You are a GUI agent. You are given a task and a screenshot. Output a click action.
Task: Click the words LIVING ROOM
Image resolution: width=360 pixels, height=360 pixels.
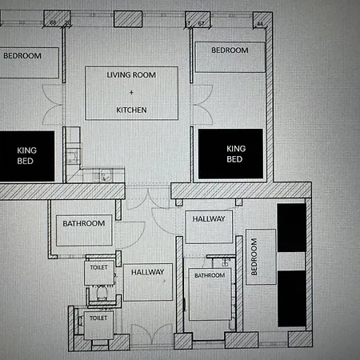click(x=131, y=75)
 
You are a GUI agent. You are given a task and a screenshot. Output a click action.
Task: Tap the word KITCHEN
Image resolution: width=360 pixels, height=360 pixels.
click(x=131, y=110)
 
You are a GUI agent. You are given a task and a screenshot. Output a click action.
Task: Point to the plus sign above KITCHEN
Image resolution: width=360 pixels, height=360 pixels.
click(x=131, y=93)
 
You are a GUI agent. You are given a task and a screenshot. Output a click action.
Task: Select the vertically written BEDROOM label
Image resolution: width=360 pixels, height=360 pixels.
click(x=254, y=257)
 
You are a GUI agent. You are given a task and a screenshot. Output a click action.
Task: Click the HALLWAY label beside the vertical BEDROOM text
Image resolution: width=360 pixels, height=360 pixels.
click(x=209, y=219)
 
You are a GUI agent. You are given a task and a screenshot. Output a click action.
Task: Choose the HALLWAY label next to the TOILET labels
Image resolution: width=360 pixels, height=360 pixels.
click(x=147, y=272)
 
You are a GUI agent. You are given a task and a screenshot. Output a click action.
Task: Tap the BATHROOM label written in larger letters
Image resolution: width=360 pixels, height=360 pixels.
click(x=84, y=223)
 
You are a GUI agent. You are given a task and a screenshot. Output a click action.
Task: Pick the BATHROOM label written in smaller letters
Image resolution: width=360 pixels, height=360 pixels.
click(x=210, y=275)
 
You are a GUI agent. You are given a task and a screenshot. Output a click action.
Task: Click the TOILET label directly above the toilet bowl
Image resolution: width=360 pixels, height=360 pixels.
click(x=99, y=267)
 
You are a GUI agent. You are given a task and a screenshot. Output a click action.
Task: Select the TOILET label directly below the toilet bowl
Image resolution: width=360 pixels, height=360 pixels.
click(x=98, y=318)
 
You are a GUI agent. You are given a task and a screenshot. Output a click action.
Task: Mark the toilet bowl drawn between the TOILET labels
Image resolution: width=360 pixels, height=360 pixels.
click(x=102, y=293)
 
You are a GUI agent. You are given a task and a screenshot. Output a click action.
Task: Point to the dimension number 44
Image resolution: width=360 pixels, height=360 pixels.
click(x=260, y=24)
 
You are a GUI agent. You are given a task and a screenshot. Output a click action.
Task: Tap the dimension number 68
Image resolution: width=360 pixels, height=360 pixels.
click(x=53, y=22)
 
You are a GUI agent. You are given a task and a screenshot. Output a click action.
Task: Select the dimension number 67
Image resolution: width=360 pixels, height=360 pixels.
click(x=201, y=23)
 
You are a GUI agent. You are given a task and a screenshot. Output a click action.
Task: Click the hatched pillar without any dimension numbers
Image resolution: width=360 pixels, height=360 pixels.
click(x=128, y=19)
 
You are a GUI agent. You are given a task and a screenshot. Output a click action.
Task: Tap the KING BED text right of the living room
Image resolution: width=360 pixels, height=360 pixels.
click(x=236, y=154)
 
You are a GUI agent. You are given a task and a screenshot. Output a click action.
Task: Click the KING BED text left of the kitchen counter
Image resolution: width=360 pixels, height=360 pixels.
click(x=26, y=156)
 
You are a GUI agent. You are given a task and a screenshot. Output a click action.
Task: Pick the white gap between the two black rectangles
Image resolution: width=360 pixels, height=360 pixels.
click(x=291, y=262)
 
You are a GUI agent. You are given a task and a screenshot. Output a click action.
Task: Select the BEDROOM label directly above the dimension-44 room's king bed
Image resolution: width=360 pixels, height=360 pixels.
click(x=230, y=50)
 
